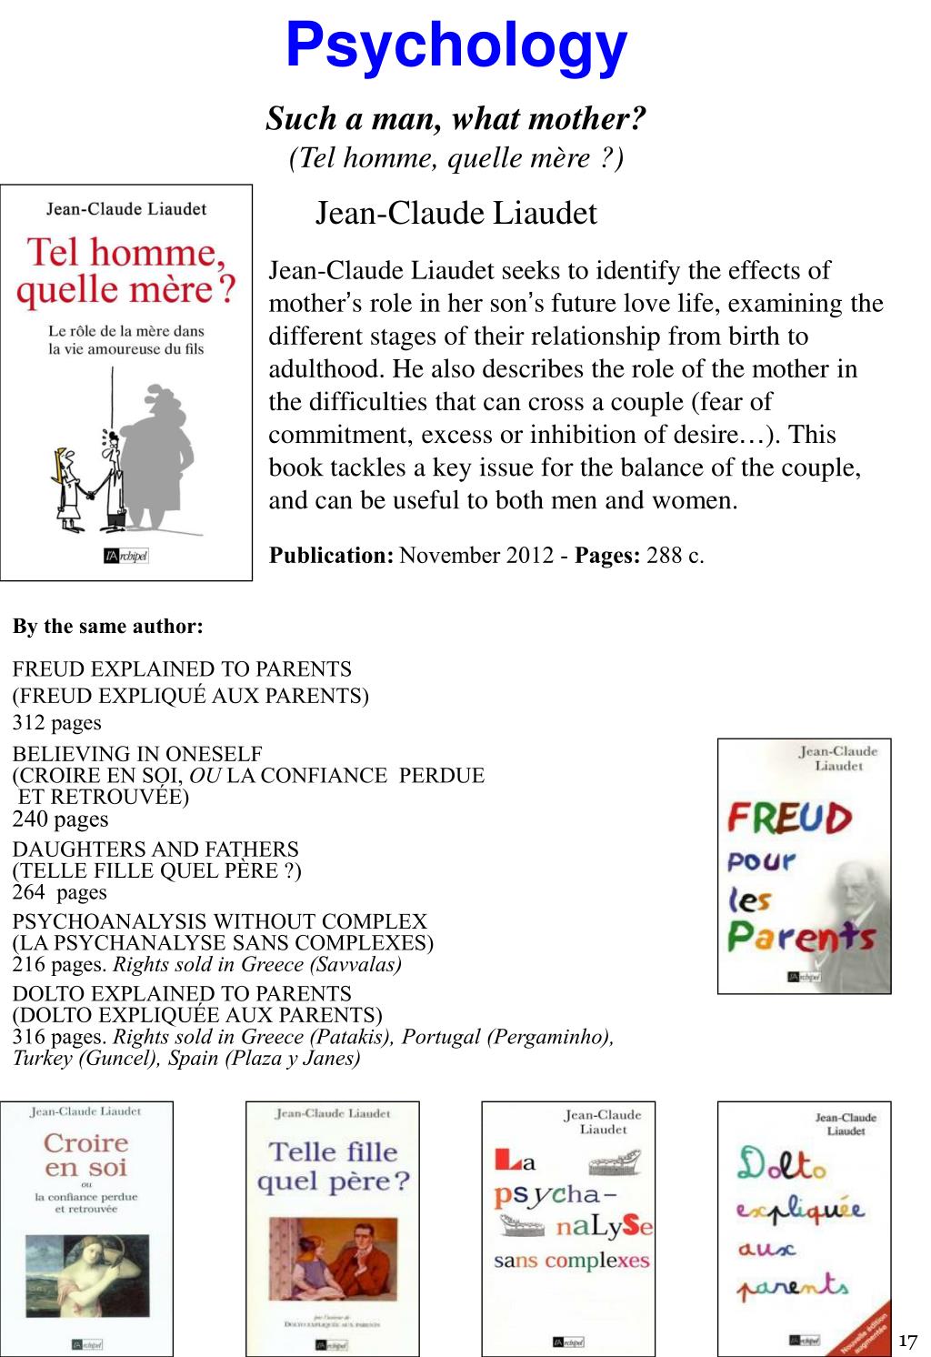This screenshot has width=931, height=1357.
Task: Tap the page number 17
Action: click(907, 1341)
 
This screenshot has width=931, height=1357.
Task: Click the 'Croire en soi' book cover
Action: click(86, 1228)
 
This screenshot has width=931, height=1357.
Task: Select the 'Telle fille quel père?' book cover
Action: click(333, 1228)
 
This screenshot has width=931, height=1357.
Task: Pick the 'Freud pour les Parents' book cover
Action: click(804, 866)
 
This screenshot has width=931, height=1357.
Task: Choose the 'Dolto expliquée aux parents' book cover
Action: click(804, 1228)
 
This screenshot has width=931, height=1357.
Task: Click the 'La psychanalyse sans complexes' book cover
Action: click(568, 1228)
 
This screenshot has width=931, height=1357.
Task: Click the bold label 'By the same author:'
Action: click(107, 627)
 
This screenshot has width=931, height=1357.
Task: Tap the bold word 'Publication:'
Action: click(331, 555)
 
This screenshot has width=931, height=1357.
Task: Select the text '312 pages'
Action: click(56, 723)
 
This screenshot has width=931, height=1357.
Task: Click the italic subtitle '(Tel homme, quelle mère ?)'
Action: click(456, 158)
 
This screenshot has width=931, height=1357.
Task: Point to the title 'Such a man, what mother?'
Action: click(456, 118)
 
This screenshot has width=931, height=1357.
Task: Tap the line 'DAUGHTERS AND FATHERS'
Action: click(155, 849)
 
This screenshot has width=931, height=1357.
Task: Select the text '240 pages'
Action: click(60, 819)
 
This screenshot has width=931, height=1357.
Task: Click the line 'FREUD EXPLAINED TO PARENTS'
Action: click(182, 669)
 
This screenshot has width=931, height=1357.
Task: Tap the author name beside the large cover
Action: click(455, 214)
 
